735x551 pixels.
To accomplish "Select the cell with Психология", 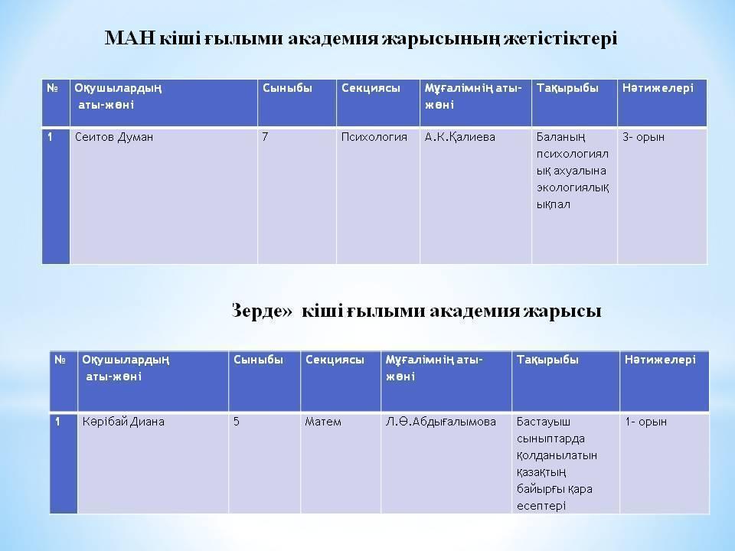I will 374,137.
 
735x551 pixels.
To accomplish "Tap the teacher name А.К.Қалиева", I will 460,137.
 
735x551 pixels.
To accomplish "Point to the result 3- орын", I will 643,137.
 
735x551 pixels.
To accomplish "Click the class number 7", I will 265,137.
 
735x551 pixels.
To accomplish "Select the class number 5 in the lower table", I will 237,422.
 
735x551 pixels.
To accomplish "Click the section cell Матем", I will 322,422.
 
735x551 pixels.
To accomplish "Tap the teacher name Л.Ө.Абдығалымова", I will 441,422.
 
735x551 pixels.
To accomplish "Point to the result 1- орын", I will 645,422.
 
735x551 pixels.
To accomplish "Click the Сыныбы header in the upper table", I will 287,88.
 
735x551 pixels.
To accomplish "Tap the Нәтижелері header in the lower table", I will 660,360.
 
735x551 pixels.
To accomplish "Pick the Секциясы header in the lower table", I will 335,360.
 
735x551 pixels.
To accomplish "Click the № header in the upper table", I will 53,88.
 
